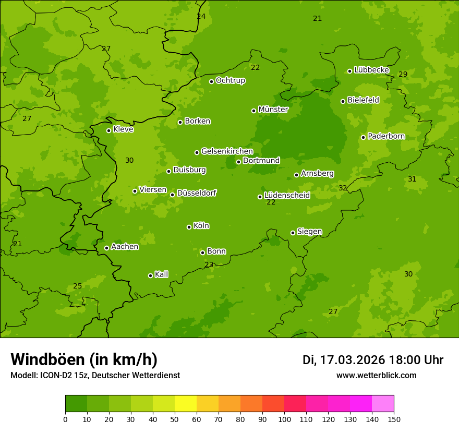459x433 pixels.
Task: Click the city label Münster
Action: coord(273,110)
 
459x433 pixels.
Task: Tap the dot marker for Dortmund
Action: coord(238,162)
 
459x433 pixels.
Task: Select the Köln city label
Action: coord(201,226)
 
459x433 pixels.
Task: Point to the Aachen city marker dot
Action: coord(106,248)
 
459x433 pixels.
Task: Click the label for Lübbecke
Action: coord(371,70)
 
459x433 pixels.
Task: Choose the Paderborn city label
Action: coord(386,136)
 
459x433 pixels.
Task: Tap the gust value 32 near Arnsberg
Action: coord(343,188)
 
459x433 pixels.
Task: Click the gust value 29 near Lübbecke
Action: coord(403,74)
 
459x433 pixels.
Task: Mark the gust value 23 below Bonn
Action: coord(209,264)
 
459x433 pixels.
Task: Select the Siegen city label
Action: coord(309,232)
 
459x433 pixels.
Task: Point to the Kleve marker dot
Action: coord(108,130)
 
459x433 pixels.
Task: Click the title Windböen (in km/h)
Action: coord(84,359)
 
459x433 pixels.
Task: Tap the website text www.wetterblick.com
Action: coord(376,375)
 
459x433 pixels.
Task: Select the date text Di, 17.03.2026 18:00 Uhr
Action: coord(373,360)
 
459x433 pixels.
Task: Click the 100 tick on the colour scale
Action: coord(284,419)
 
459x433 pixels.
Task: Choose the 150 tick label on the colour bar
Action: coord(394,419)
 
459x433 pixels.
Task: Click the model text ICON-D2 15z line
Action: coord(95,375)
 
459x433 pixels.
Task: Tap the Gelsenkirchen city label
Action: coord(227,151)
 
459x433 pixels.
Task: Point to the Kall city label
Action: coord(162,274)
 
